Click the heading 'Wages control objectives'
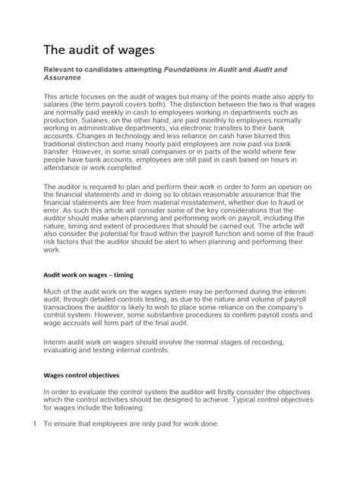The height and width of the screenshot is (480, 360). [86, 418]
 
